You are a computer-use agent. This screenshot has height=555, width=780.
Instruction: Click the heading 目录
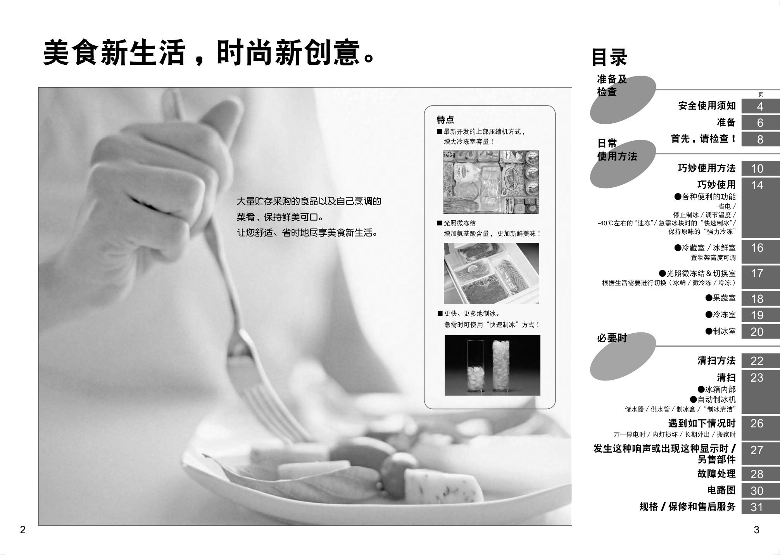[609, 57]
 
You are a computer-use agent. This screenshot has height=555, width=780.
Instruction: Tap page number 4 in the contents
[760, 106]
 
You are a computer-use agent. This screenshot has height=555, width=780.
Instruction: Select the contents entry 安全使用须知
[707, 105]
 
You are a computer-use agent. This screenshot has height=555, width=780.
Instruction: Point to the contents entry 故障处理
[716, 474]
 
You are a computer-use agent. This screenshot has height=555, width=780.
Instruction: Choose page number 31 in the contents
[757, 507]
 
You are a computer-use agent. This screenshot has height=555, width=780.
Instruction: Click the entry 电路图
[721, 490]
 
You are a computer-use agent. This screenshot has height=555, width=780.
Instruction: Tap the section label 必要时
[612, 338]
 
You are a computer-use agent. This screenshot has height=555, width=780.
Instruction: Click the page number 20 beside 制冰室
[757, 332]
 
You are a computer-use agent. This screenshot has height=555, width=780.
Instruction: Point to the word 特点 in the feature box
[445, 120]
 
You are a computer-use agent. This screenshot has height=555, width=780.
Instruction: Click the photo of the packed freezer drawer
[491, 182]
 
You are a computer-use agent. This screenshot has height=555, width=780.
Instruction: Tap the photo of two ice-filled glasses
[492, 365]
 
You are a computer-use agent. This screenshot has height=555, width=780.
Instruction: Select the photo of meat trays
[492, 273]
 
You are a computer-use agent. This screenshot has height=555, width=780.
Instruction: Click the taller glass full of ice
[501, 365]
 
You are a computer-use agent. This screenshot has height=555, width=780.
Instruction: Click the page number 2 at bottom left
[22, 530]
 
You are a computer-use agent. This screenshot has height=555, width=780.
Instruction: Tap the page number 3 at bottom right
[756, 530]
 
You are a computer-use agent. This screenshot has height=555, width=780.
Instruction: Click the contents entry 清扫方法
[716, 361]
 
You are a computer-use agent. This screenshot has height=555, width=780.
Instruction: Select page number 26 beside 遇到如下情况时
[757, 424]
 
